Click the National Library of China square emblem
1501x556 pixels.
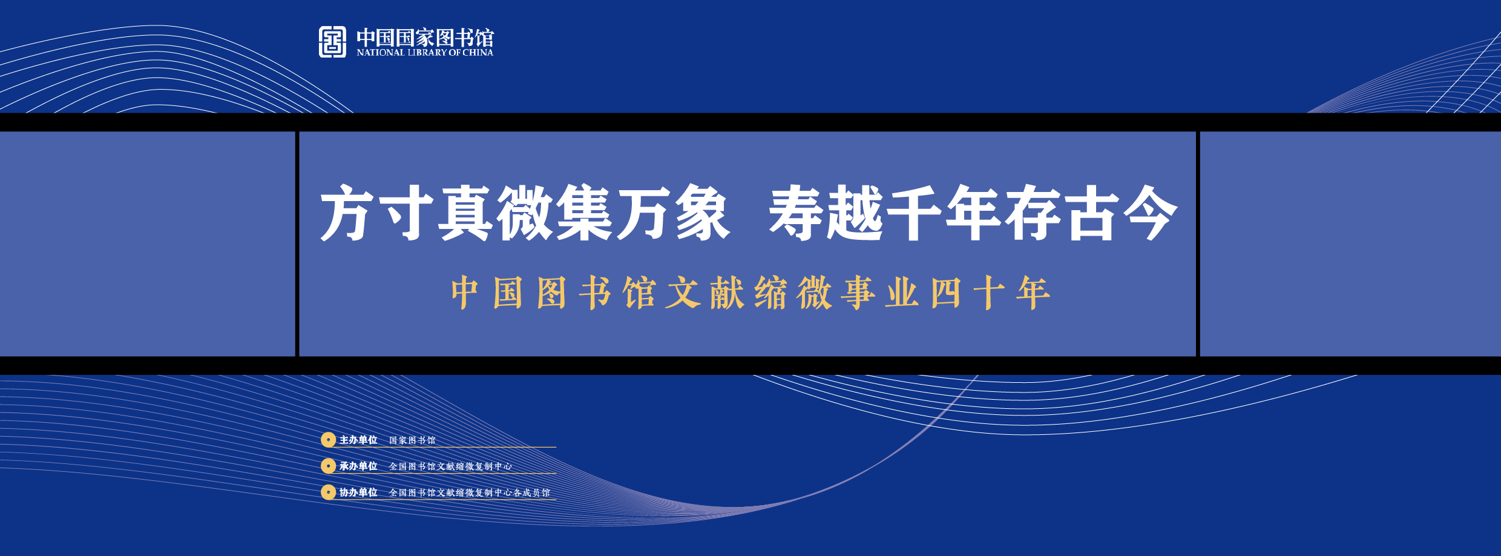click(332, 42)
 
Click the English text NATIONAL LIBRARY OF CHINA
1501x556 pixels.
click(425, 53)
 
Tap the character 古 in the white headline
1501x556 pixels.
click(1091, 213)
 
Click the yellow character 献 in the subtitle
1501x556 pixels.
click(727, 293)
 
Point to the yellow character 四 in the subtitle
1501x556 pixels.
click(945, 293)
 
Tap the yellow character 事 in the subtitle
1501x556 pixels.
click(859, 293)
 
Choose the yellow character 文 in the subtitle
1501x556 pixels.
click(683, 293)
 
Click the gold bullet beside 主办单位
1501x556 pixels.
click(328, 440)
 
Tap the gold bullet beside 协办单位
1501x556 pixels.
click(328, 492)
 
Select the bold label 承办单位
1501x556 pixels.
click(358, 466)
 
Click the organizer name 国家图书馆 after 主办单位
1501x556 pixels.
click(412, 440)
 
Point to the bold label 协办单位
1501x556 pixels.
click(358, 492)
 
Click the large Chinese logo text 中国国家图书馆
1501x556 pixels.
click(425, 38)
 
